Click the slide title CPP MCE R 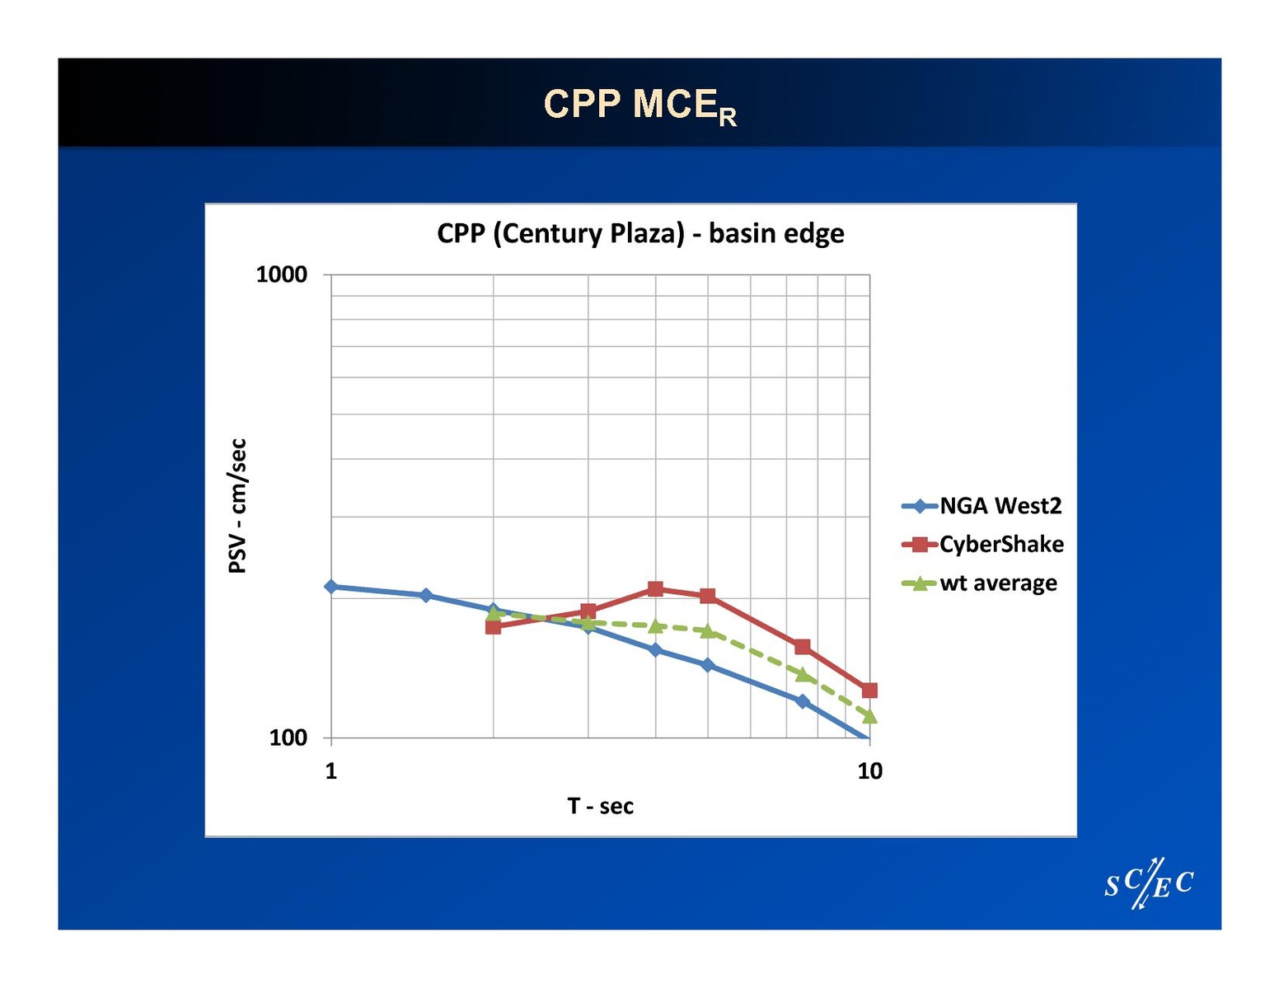[x=639, y=105]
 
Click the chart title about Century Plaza [x=640, y=233]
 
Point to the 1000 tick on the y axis [x=282, y=274]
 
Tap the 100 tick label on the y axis [x=288, y=737]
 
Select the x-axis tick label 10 [x=869, y=771]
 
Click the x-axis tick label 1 [x=331, y=771]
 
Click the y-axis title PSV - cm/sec [x=237, y=505]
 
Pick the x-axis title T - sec [x=600, y=806]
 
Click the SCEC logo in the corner [x=1149, y=884]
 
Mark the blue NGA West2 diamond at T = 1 [x=331, y=587]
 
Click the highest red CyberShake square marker [x=655, y=589]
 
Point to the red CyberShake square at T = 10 [x=869, y=691]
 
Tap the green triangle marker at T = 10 [x=869, y=716]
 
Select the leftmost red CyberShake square [x=494, y=627]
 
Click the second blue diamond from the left [x=426, y=595]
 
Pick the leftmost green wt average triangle [x=494, y=612]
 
